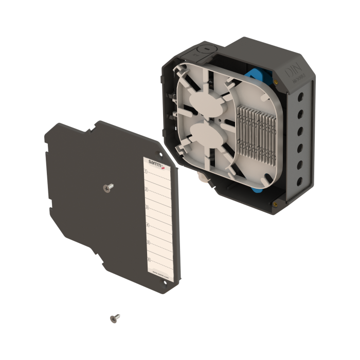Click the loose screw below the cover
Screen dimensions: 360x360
point(115,318)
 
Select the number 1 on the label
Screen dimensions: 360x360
point(146,172)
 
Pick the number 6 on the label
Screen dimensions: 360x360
point(149,260)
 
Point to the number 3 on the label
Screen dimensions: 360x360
point(148,207)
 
